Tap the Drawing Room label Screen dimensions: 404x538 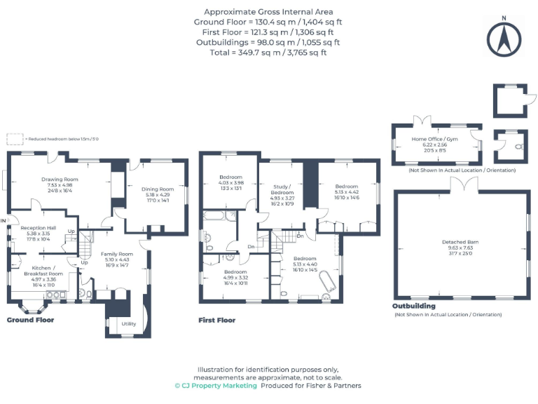59,179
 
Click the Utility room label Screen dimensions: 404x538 128,323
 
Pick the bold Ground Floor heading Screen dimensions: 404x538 30,320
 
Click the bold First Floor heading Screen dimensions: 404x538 217,320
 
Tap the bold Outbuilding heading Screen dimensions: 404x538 413,306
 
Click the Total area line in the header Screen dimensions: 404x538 268,51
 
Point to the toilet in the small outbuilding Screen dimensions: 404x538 517,147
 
